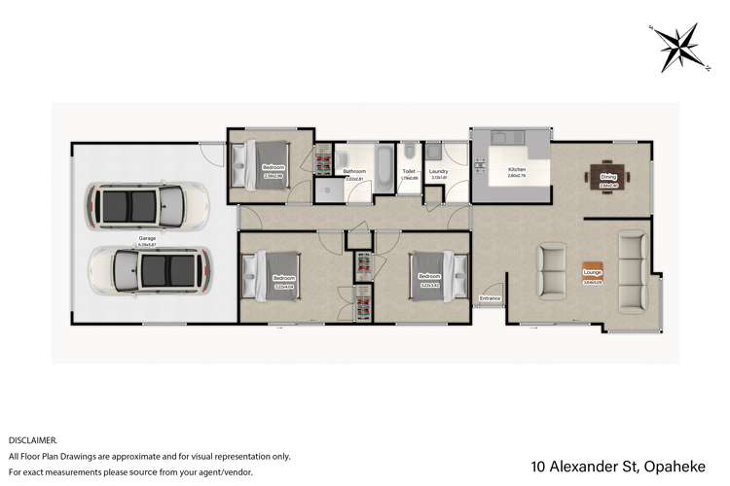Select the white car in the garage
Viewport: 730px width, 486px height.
pyautogui.click(x=148, y=205)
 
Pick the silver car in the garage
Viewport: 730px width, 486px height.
pyautogui.click(x=148, y=268)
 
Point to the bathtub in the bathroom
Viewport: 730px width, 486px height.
pyautogui.click(x=383, y=168)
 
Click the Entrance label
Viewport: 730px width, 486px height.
pyautogui.click(x=490, y=297)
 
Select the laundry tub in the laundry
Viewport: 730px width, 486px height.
pyautogui.click(x=432, y=152)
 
